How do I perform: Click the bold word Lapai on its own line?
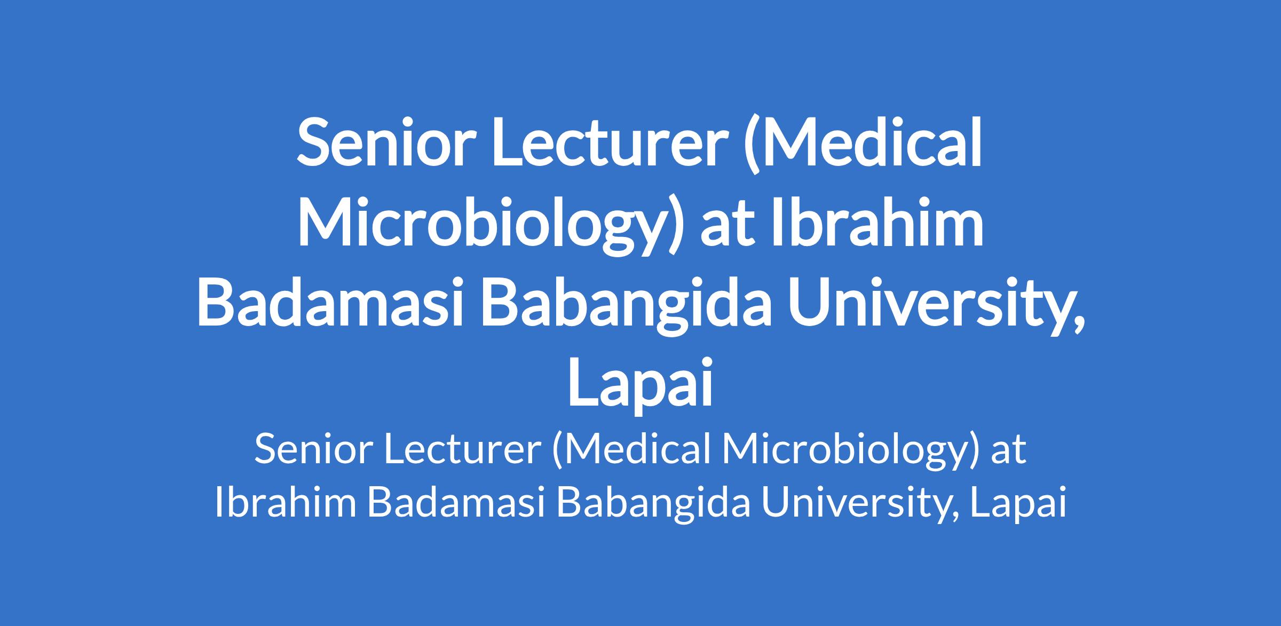point(640,385)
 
